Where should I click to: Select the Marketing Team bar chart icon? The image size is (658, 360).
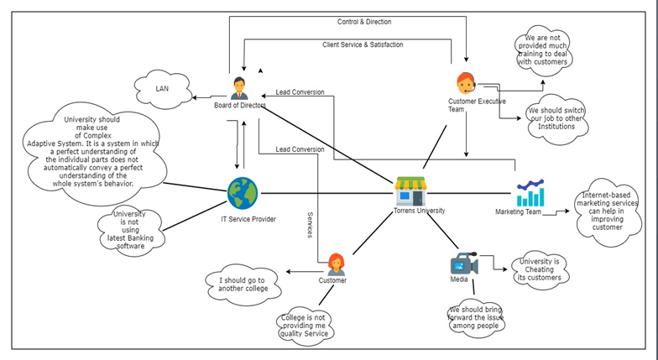coord(530,192)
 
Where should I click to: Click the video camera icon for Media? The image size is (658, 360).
coord(463,265)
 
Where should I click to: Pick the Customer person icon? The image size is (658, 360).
coord(336,264)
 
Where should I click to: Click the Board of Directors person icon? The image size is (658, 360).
coord(239,87)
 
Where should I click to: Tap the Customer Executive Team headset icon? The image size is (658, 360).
coord(466,84)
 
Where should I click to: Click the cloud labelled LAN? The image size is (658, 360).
coord(162,87)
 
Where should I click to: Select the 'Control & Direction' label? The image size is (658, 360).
coord(363,21)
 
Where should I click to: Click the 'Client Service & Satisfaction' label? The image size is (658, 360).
coord(362,44)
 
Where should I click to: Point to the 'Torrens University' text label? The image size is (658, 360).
coord(420,211)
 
